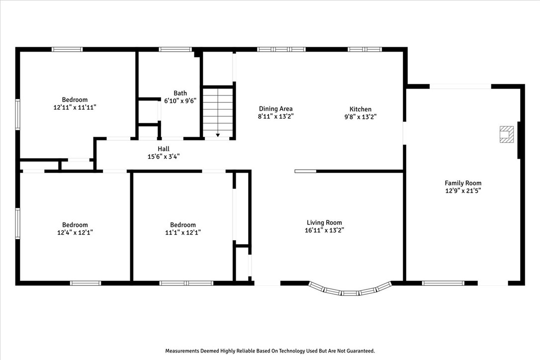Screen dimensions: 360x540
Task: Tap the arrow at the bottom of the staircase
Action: pos(218,135)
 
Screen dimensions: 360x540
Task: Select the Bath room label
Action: pos(180,93)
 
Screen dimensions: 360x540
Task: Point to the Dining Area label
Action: pos(276,109)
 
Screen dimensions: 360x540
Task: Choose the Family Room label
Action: pos(463,183)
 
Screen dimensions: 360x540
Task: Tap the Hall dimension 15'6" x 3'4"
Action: pos(164,157)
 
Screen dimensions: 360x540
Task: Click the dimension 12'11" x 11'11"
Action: pos(75,107)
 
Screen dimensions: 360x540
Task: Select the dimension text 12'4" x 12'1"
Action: pos(75,232)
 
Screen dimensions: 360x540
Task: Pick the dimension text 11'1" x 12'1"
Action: pos(183,232)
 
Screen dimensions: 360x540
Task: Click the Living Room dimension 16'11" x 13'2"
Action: pos(324,230)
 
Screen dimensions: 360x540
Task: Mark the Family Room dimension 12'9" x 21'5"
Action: pos(463,190)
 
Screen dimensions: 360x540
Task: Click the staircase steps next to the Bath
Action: pos(218,109)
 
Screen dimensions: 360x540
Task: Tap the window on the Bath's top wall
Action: pos(175,49)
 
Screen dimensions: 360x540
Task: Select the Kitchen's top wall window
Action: pos(364,49)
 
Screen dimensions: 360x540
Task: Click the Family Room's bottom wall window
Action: pos(443,283)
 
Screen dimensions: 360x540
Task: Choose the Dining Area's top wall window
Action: pos(281,49)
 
